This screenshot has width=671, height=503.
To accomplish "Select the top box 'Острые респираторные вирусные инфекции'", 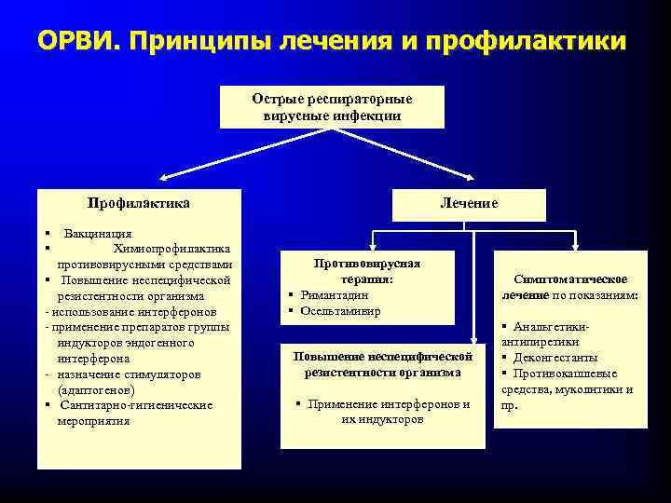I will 332,107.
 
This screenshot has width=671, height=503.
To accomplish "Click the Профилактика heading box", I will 138,203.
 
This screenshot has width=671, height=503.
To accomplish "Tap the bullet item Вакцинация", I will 97,233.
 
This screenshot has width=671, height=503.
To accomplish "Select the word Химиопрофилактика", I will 172,247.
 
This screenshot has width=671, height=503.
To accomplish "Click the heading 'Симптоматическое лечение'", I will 569,287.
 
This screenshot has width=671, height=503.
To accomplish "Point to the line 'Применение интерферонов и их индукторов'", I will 382,412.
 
